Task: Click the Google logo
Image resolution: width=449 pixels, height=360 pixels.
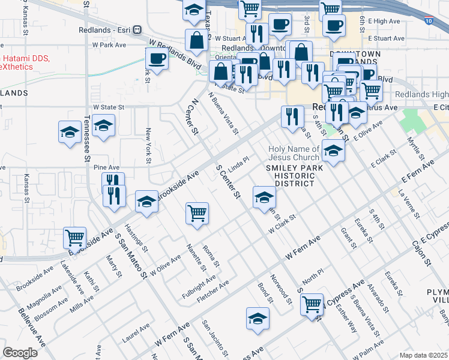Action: click(x=20, y=352)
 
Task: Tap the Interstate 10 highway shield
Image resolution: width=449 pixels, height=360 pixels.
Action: click(x=427, y=20)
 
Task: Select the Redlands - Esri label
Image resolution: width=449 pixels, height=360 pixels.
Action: click(x=106, y=29)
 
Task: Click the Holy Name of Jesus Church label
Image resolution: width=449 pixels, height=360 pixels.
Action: click(x=294, y=154)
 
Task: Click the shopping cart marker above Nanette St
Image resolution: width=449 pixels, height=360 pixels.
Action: click(x=197, y=212)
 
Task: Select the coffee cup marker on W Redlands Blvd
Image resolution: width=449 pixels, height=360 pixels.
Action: click(x=157, y=58)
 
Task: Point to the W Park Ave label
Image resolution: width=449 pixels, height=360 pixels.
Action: click(x=109, y=45)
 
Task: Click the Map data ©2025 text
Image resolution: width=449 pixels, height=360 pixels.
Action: click(x=423, y=355)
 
